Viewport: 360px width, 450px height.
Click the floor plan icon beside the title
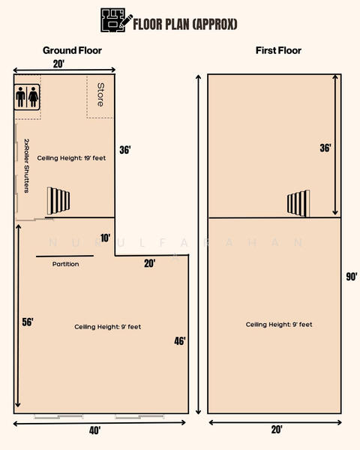coord(116,19)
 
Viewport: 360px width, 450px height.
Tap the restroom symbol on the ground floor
coord(27,97)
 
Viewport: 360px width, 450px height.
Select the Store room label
coord(100,94)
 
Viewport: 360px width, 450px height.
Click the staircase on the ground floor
coord(58,200)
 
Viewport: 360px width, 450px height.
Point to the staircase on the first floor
coord(298,203)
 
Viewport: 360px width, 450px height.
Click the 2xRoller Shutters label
coord(27,166)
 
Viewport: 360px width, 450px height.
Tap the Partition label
coord(65,264)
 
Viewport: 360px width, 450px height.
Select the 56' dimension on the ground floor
coord(28,322)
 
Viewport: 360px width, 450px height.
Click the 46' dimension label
coord(180,341)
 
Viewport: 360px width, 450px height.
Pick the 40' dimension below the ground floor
coord(94,430)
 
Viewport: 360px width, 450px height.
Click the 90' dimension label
coord(352,276)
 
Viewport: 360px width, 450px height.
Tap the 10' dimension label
coord(105,238)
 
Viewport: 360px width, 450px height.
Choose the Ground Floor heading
coord(72,50)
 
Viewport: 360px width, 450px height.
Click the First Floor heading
coord(278,50)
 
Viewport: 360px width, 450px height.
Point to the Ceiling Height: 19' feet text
coord(71,157)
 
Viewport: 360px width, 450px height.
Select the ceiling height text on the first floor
coord(279,324)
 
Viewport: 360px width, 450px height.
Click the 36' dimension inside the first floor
coord(325,148)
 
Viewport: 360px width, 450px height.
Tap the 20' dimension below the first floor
coord(277,430)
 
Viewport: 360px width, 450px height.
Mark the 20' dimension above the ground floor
coord(58,64)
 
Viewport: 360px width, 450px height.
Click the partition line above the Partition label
coord(65,256)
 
